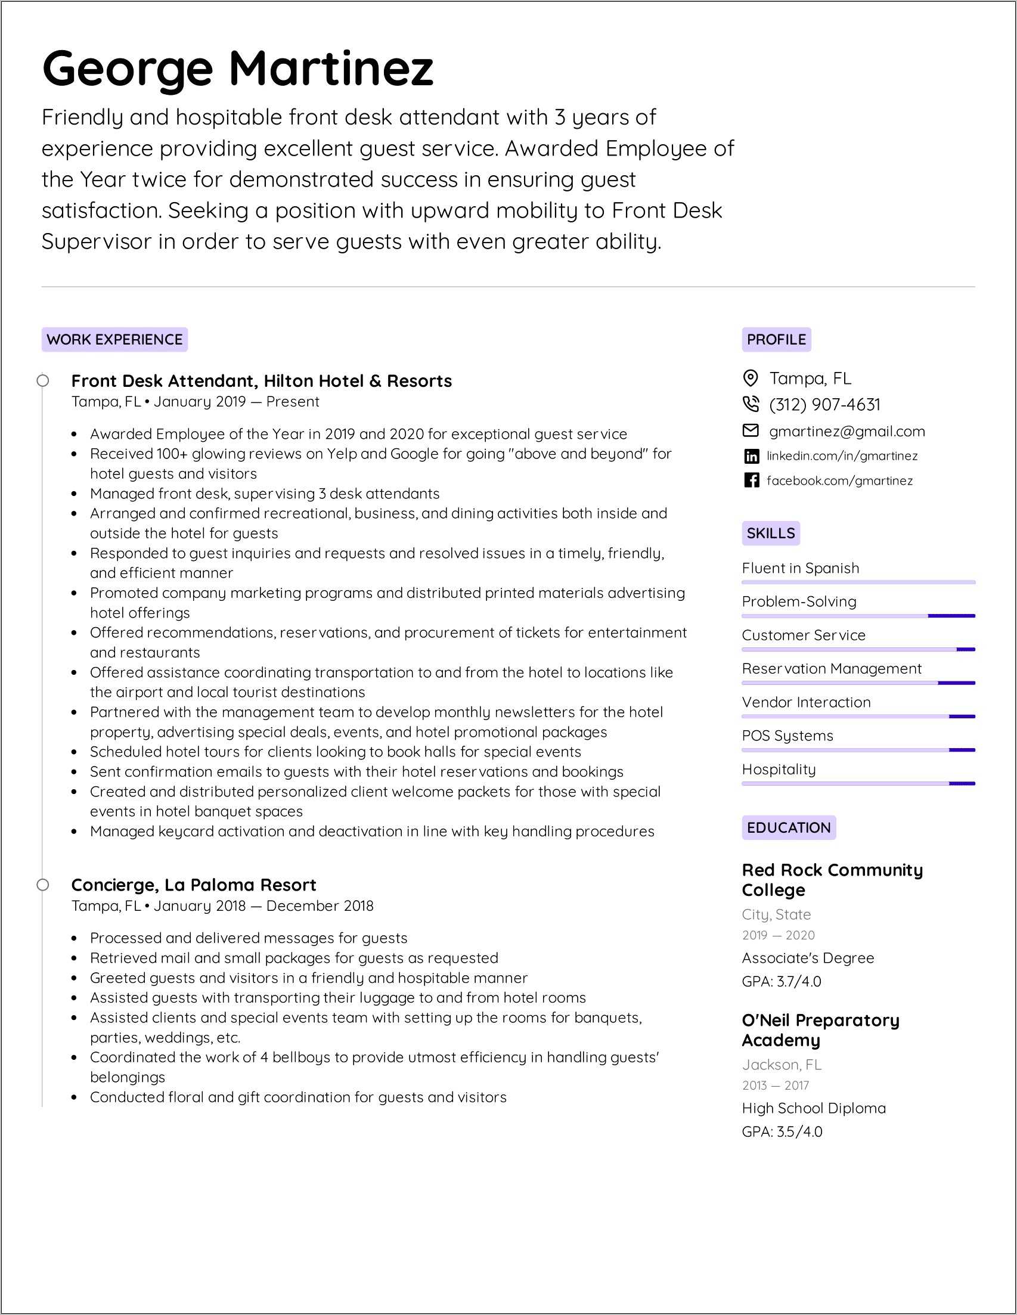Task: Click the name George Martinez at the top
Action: pyautogui.click(x=238, y=68)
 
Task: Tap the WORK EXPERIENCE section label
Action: pyautogui.click(x=114, y=340)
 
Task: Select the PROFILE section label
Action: pyautogui.click(x=776, y=340)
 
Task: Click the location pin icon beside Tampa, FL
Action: pyautogui.click(x=751, y=378)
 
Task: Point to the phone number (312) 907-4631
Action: pyautogui.click(x=824, y=405)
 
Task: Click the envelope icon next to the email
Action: pyautogui.click(x=751, y=430)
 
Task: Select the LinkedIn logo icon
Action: pyautogui.click(x=751, y=457)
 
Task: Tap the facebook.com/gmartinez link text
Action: pyautogui.click(x=839, y=480)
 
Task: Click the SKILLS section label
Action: pyautogui.click(x=771, y=533)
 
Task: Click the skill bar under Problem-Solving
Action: pyautogui.click(x=858, y=616)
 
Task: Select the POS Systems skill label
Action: pyautogui.click(x=787, y=735)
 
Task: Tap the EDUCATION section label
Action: pyautogui.click(x=788, y=827)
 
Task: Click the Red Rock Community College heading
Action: pyautogui.click(x=832, y=880)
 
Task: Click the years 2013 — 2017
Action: pyautogui.click(x=775, y=1085)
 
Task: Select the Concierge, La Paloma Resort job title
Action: pyautogui.click(x=193, y=885)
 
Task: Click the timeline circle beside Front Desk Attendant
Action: pyautogui.click(x=43, y=380)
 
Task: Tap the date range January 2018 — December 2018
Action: pyautogui.click(x=263, y=905)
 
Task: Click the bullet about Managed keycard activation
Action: pyautogui.click(x=371, y=831)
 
